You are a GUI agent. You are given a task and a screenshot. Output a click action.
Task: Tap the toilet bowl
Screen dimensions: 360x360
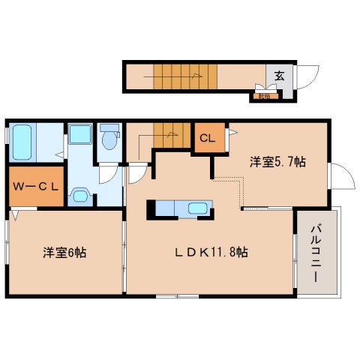pos(109,140)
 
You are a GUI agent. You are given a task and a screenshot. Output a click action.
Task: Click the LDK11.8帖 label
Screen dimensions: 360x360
pos(211,253)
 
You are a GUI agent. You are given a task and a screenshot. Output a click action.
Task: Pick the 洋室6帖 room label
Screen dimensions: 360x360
pos(64,253)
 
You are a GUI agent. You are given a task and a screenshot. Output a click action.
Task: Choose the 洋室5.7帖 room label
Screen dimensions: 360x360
pos(277,161)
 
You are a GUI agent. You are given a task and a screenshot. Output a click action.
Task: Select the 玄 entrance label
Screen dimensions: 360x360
pos(278,76)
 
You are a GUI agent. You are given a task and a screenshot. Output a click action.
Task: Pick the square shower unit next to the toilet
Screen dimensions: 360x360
pos(79,137)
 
